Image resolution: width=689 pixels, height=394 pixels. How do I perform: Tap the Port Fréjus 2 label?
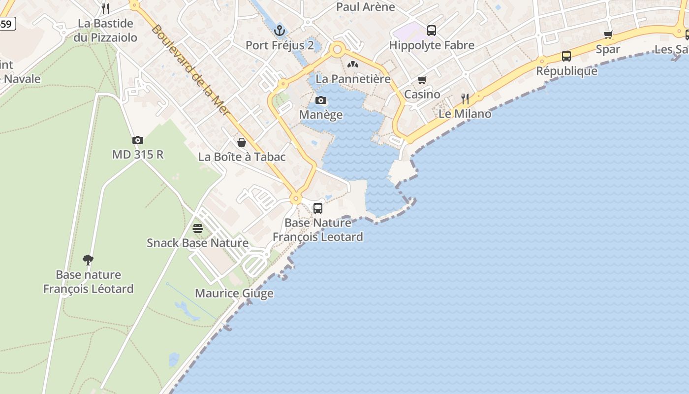280,45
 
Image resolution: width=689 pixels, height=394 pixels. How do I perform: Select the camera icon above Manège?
321,100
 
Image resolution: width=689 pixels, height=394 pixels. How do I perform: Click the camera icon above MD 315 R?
138,140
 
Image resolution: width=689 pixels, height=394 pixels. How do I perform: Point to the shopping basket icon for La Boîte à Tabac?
242,143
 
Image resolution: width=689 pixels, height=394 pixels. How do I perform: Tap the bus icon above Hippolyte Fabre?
432,31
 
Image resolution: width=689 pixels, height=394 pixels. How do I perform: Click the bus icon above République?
566,56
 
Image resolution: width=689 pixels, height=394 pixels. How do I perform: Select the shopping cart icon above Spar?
608,35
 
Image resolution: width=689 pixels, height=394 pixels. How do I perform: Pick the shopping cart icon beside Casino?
422,80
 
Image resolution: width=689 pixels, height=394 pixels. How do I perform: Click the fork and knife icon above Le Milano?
465,99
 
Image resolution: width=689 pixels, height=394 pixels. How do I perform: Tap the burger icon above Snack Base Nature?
198,229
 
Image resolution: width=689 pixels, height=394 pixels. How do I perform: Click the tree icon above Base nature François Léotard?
88,260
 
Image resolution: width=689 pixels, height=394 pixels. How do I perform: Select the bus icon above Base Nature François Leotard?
318,208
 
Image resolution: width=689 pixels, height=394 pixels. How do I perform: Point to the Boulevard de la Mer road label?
191,70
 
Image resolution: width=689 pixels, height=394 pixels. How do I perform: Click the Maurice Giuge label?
234,294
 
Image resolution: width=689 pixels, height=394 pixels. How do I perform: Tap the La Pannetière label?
353,79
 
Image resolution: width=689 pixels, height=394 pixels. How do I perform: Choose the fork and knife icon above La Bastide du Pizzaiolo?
105,8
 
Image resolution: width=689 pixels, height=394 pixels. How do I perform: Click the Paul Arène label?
366,7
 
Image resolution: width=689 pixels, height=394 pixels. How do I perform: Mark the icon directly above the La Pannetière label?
353,65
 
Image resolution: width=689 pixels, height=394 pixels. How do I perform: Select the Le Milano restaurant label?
465,114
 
